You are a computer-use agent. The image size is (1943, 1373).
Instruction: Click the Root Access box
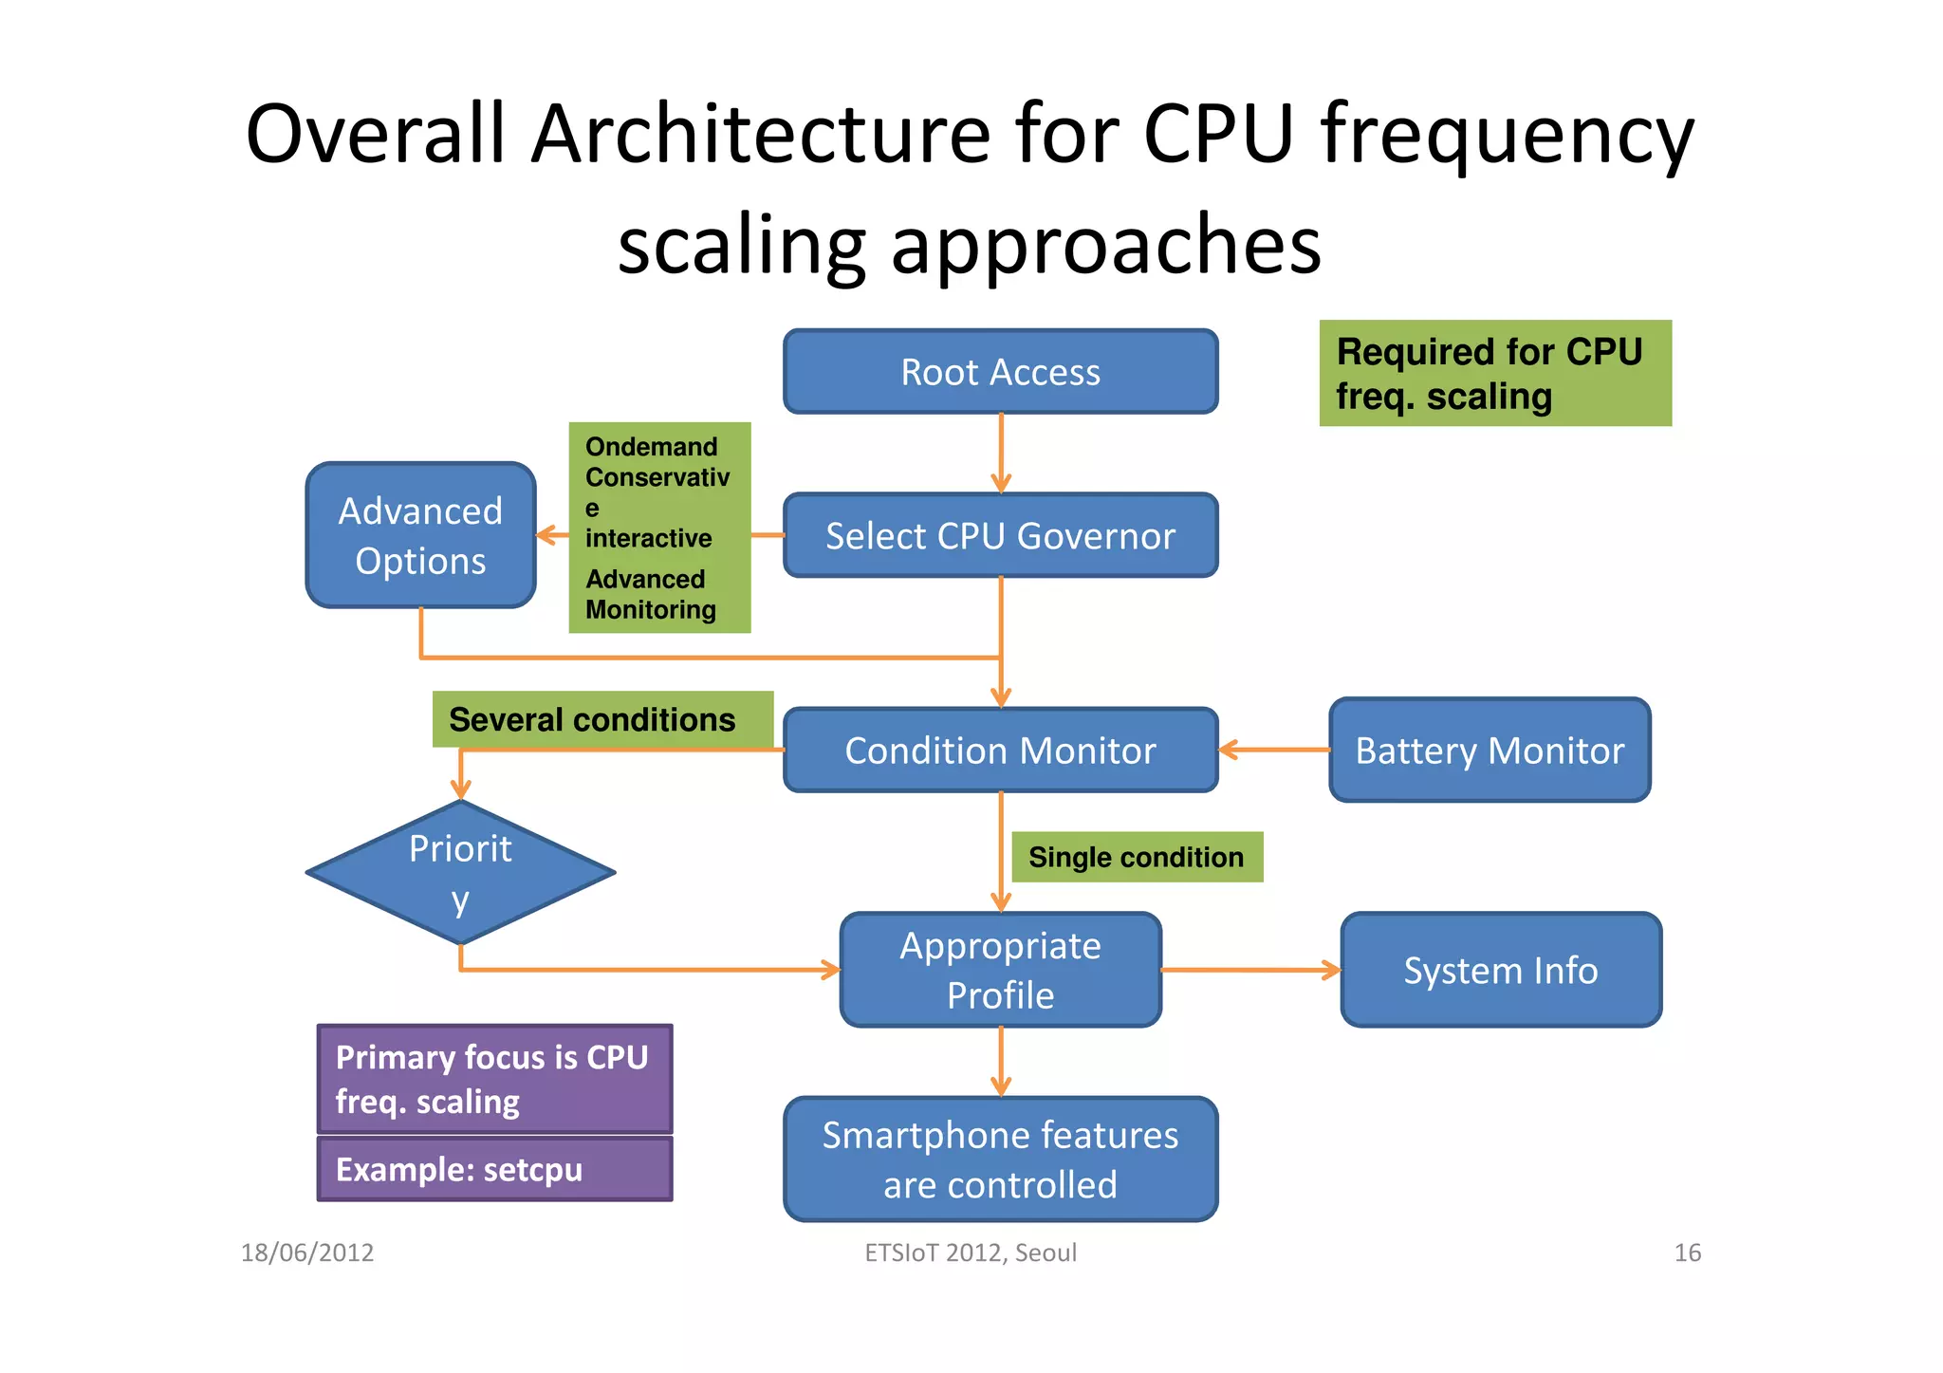(1000, 372)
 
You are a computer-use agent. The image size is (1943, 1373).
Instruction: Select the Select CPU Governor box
(1000, 535)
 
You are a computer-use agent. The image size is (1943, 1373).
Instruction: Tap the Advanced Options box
(420, 535)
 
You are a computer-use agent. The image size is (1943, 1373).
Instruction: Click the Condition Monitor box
(1000, 750)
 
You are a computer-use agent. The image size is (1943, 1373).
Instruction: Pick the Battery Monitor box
(1490, 750)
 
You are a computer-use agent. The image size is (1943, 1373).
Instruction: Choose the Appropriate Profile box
(1000, 970)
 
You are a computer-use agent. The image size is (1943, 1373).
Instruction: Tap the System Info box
(1500, 970)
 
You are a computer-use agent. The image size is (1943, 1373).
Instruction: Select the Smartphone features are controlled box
(1000, 1159)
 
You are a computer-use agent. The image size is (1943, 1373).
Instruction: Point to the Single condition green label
(1137, 857)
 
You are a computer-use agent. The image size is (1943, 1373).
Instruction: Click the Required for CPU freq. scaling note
(1494, 373)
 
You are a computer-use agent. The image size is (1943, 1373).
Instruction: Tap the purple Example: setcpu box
(494, 1169)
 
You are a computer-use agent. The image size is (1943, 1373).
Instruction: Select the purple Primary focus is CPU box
(494, 1079)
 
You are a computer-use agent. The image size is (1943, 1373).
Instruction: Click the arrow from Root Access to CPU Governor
(1000, 453)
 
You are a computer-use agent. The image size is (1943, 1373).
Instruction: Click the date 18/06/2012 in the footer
(307, 1252)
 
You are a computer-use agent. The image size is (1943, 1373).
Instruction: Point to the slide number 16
(1687, 1252)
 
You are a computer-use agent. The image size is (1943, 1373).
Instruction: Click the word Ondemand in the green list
(651, 447)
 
